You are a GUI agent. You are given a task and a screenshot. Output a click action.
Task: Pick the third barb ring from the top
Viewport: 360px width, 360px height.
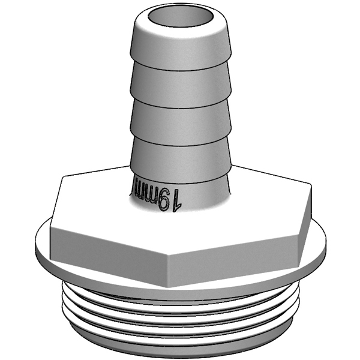(x=180, y=117)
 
